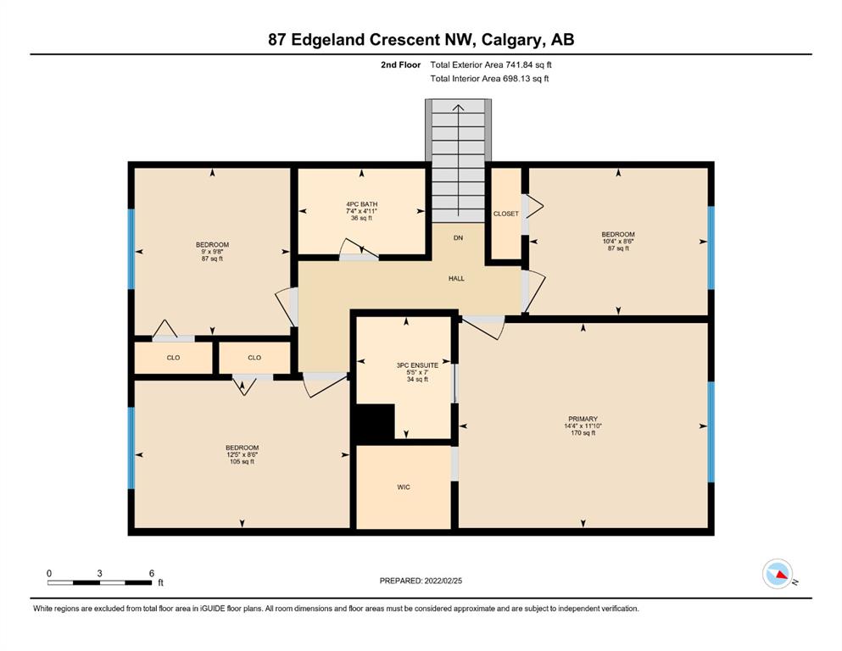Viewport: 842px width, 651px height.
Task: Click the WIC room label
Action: click(x=404, y=487)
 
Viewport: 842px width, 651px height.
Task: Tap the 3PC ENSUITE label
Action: click(x=417, y=365)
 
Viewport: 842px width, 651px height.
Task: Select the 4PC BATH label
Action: click(x=361, y=204)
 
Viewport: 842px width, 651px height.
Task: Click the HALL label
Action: click(x=456, y=279)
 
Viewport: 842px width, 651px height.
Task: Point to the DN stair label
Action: click(x=458, y=237)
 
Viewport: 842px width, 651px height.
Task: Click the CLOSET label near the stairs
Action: click(x=506, y=214)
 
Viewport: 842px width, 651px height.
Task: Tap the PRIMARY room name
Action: click(x=583, y=419)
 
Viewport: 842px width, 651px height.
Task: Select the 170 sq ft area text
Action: click(x=583, y=433)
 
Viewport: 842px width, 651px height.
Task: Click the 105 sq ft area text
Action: click(x=243, y=462)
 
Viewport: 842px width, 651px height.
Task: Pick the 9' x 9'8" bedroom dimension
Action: click(x=212, y=252)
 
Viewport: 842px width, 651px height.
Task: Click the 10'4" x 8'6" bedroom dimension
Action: click(x=618, y=242)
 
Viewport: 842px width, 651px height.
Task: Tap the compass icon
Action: click(x=778, y=574)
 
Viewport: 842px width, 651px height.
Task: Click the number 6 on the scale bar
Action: click(x=152, y=573)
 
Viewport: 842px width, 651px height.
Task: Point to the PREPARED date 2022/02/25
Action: click(x=443, y=581)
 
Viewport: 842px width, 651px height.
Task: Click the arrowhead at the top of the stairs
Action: click(x=458, y=108)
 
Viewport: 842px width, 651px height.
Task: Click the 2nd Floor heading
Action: click(x=400, y=65)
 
